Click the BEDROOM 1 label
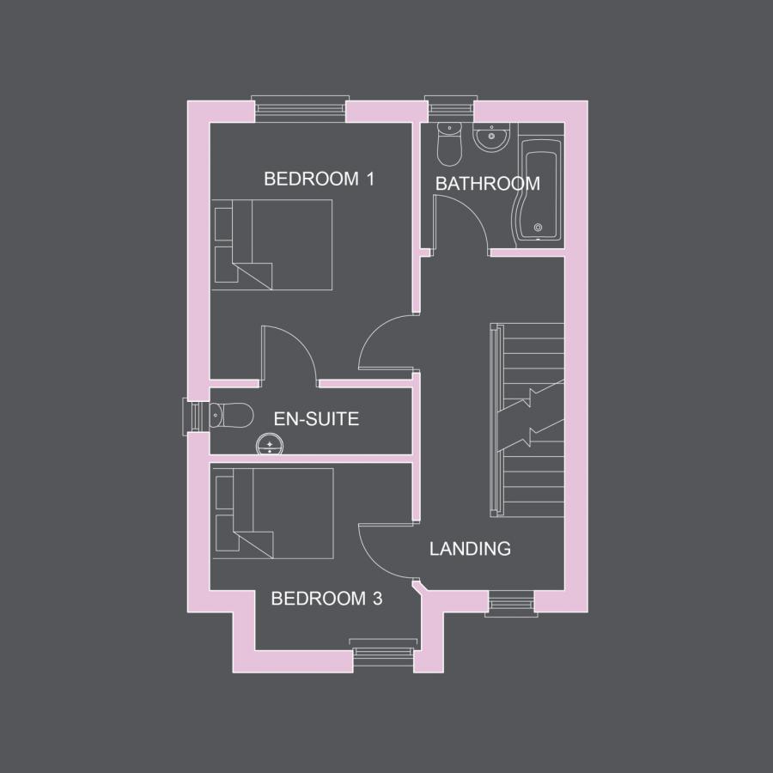pos(319,180)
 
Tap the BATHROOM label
pos(487,184)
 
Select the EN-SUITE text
pos(316,419)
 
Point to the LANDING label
pos(470,549)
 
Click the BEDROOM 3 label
pos(326,599)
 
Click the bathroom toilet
pos(449,143)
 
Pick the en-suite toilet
pos(230,416)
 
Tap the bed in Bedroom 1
pos(273,245)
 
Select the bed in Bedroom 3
pos(273,513)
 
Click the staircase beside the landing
pos(527,421)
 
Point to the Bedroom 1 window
pos(301,109)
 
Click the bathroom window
pos(450,109)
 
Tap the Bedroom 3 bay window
pos(383,654)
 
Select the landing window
pos(510,604)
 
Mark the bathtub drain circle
pos(539,228)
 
